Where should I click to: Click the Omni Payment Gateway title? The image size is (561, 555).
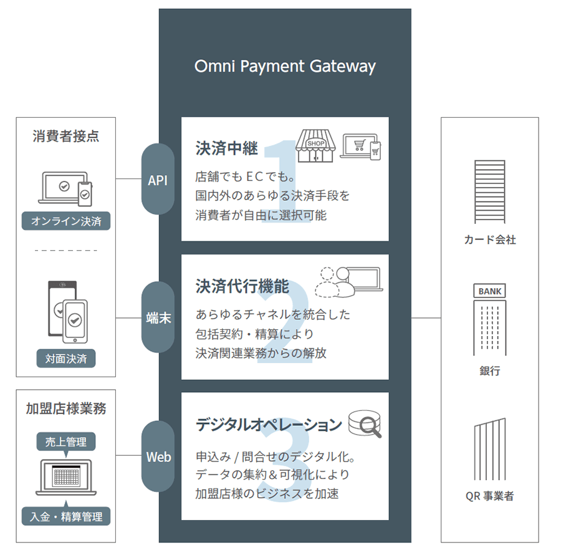tap(285, 66)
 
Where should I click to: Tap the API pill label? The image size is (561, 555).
tap(158, 180)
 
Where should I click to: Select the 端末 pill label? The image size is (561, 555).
tap(158, 317)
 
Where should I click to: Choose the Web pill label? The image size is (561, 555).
tap(158, 456)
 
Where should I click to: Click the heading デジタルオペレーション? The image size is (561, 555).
tap(269, 425)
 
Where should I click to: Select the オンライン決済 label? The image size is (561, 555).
tap(66, 221)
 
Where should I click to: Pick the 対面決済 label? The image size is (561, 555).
tap(66, 359)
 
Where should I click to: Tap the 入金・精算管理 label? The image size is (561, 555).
tap(66, 516)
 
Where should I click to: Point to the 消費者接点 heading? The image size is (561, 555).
tap(65, 137)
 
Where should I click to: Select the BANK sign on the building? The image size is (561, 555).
tap(490, 291)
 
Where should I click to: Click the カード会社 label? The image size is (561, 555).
tap(490, 239)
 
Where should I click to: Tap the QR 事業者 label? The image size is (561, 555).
tap(490, 496)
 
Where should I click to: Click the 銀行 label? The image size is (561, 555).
tap(490, 371)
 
